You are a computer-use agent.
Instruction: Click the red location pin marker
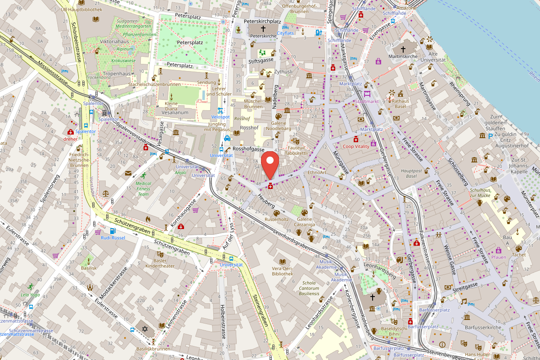pyautogui.click(x=270, y=165)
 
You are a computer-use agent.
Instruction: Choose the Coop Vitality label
pyautogui.click(x=355, y=146)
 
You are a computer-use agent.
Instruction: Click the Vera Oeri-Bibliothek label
pyautogui.click(x=283, y=271)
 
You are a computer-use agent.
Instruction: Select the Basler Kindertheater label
pyautogui.click(x=164, y=263)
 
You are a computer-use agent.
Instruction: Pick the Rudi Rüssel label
pyautogui.click(x=112, y=238)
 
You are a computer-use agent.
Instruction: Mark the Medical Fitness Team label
pyautogui.click(x=143, y=189)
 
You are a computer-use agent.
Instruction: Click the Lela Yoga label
pyautogui.click(x=30, y=295)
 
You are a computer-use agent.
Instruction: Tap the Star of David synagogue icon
pyautogui.click(x=145, y=329)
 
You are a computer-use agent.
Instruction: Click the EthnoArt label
pyautogui.click(x=317, y=172)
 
